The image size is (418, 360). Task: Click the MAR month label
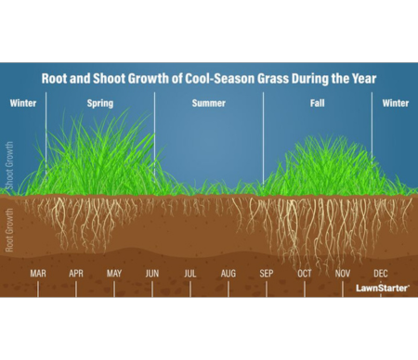pos(38,274)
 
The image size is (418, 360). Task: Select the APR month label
pos(76,274)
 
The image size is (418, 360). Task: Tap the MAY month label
pos(114,274)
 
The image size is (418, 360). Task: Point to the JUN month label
pos(152,274)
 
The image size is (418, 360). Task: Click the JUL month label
pos(190,274)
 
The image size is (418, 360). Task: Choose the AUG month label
pos(229,274)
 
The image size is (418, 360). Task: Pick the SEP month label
pos(267,274)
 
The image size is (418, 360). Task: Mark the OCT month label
pos(305,274)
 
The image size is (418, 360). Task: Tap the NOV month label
pos(343,274)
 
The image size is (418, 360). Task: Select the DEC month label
pos(381,274)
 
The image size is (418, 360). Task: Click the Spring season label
pos(99,103)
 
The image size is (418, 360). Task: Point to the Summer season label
pos(209,103)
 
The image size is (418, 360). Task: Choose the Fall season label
pos(317,103)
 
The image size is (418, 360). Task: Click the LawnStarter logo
pos(383,288)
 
